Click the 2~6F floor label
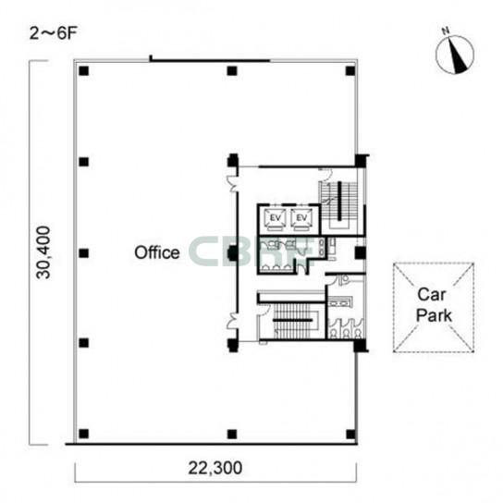coord(54,33)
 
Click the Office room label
coord(157,252)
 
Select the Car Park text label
coord(434,305)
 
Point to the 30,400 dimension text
coord(43,252)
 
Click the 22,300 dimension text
coord(215,468)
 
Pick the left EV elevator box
coord(276,219)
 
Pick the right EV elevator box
coord(301,219)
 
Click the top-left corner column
coord(84,70)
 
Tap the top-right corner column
coord(350,70)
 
